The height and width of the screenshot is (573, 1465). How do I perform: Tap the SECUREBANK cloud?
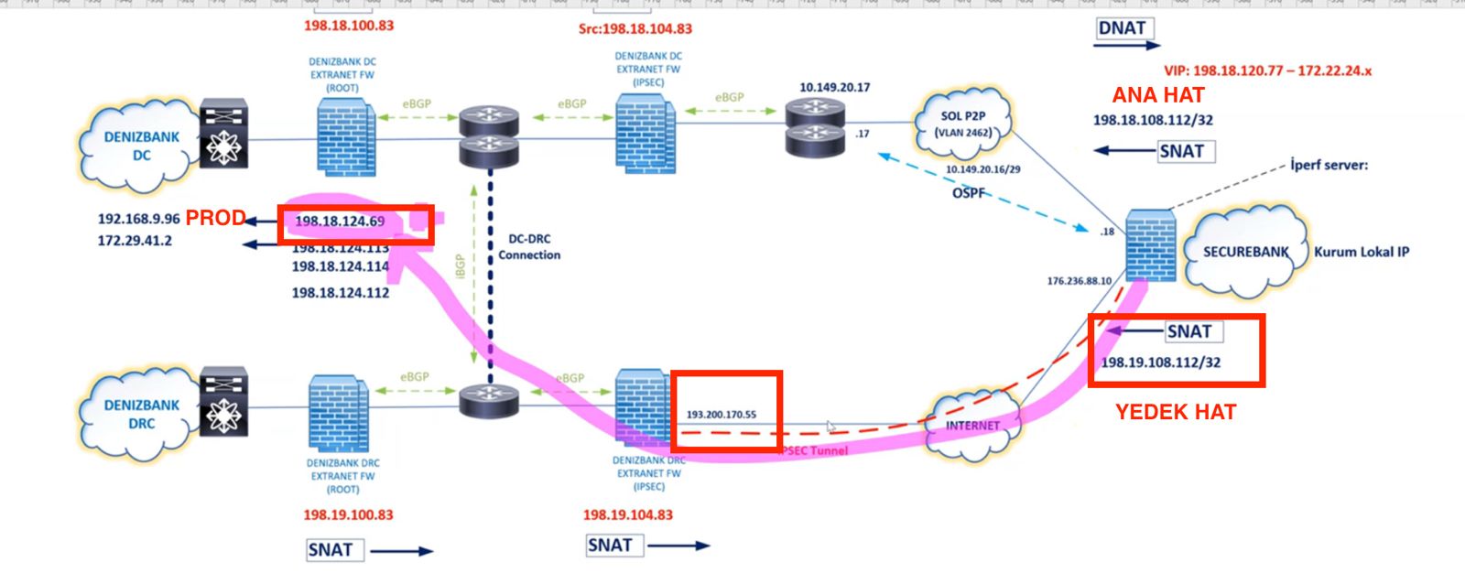[x=1245, y=252]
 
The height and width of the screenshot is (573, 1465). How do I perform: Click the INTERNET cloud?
[x=972, y=426]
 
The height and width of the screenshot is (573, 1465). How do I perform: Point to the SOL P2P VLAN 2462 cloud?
[x=963, y=124]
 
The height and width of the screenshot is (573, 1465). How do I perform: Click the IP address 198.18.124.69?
[x=340, y=222]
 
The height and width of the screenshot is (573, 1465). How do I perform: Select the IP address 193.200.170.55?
[x=722, y=415]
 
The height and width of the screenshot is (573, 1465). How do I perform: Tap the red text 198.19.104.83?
[x=628, y=515]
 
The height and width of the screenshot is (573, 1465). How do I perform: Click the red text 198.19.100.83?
[x=348, y=515]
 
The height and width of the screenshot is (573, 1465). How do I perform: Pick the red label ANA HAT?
[x=1158, y=95]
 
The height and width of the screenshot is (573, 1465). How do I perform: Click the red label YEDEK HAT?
[x=1176, y=413]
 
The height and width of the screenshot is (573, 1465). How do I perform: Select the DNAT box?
[x=1123, y=28]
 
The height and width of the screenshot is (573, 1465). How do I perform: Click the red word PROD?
[x=215, y=218]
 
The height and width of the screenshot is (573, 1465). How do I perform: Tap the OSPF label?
[x=969, y=193]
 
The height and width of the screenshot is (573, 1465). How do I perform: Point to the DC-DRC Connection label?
[x=529, y=247]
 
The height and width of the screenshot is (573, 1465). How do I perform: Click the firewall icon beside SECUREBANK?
[x=1150, y=244]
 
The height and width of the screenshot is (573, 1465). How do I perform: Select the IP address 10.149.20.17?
[x=834, y=88]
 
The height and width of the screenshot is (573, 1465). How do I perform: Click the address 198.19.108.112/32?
[x=1160, y=362]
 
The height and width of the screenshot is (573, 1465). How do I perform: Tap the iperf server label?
[x=1329, y=166]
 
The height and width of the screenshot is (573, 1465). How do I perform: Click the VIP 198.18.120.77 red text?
[x=1267, y=70]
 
